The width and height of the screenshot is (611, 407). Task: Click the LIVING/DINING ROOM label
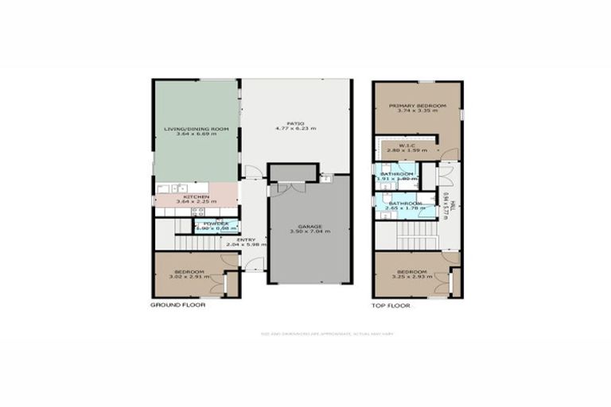click(197, 128)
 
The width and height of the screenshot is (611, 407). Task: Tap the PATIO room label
click(296, 123)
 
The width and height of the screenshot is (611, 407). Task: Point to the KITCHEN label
click(197, 196)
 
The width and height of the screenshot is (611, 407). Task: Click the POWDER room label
click(216, 223)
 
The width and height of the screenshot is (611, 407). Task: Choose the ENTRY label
click(245, 238)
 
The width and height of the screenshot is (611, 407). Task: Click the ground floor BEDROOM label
click(191, 273)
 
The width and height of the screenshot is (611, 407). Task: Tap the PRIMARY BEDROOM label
click(418, 106)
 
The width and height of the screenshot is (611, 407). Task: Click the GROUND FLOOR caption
click(177, 305)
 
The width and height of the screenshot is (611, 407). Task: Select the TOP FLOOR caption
click(391, 305)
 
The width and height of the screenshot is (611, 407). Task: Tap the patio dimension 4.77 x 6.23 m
click(296, 129)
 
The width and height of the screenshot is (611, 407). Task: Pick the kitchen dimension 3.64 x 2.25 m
click(197, 202)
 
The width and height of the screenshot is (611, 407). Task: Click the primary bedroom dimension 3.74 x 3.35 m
click(418, 111)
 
